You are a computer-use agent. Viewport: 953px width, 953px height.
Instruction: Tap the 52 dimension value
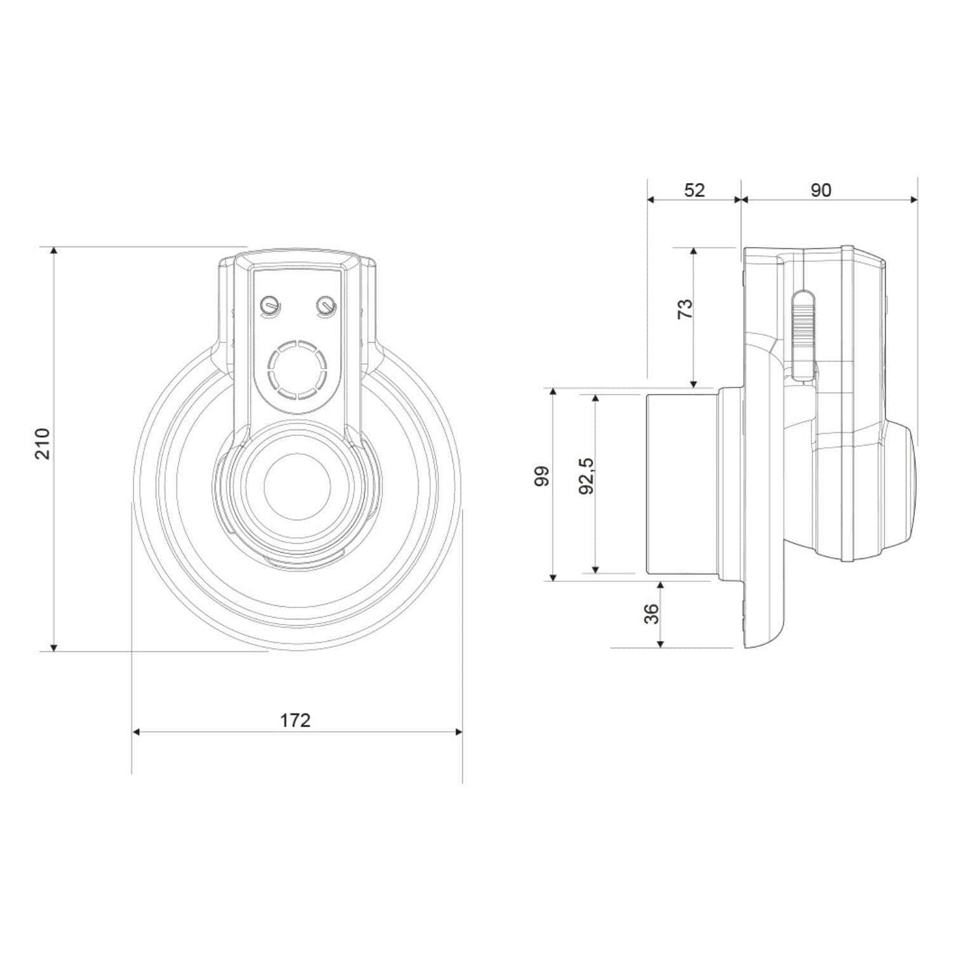tap(694, 190)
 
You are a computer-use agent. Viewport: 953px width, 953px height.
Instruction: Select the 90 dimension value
tap(821, 190)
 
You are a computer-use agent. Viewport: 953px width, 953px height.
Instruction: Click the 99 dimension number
tap(541, 476)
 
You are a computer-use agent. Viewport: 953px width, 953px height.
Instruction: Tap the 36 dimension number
tap(652, 613)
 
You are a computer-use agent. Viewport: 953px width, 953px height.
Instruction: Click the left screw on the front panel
tap(269, 306)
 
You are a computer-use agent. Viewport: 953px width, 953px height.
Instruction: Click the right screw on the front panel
tap(325, 306)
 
